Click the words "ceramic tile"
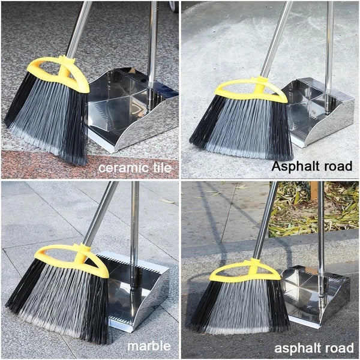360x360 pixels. coord(135,168)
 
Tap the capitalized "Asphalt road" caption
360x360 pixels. coord(311,166)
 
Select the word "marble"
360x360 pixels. coord(149,346)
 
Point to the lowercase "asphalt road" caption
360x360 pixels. coord(314,348)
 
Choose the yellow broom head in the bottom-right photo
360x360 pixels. coord(245,272)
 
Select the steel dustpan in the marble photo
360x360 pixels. coord(136,292)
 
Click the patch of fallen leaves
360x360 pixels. coord(313,208)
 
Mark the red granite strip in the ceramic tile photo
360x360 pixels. coord(89,164)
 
